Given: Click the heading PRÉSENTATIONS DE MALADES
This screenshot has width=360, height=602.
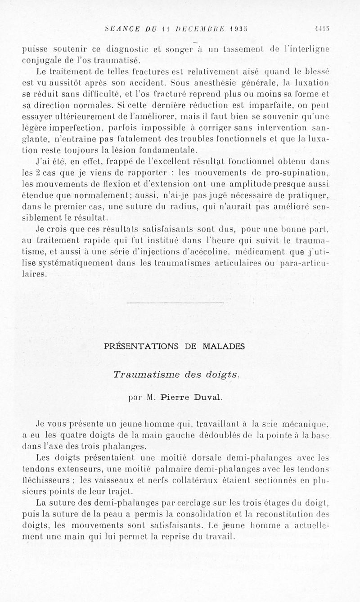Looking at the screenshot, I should pos(175,346).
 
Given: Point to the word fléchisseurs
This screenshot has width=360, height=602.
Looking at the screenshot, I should pos(43,481).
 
